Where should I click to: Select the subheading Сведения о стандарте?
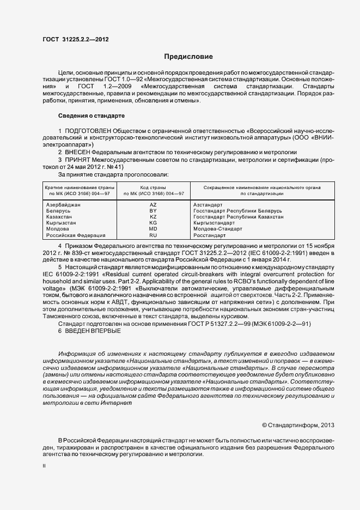pos(91,116)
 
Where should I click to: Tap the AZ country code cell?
pos(153,204)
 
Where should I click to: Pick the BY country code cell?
pos(153,210)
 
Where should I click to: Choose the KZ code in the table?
pos(153,217)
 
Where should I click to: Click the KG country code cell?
pos(153,223)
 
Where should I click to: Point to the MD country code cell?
pos(153,229)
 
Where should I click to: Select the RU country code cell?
pos(153,235)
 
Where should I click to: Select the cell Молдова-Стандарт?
pos(218,229)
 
